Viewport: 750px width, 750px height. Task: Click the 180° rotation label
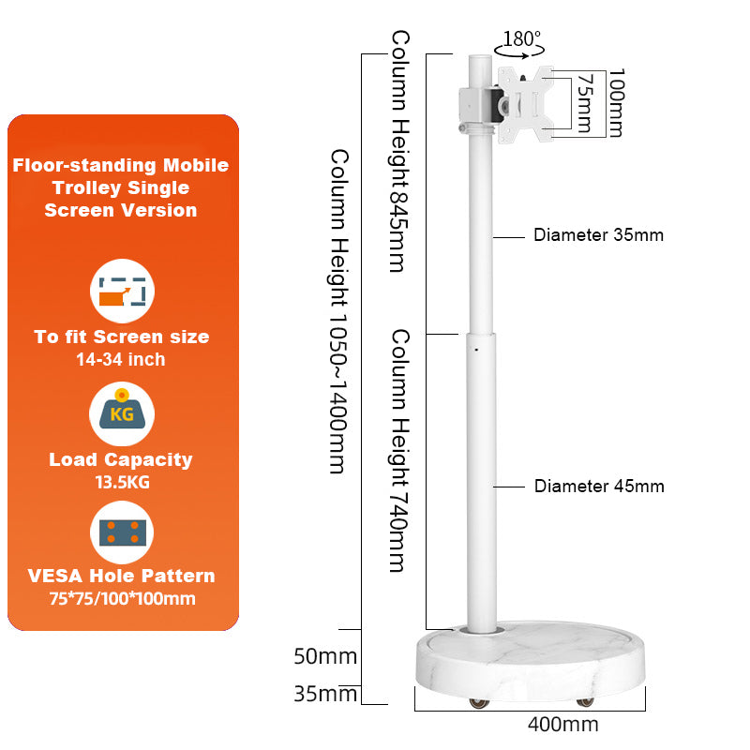tap(522, 39)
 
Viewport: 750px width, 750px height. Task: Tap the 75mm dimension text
tap(585, 103)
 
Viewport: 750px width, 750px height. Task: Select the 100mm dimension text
tap(615, 103)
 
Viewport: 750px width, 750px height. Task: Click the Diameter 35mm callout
tap(598, 235)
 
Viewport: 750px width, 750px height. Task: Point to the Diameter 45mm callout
tap(599, 486)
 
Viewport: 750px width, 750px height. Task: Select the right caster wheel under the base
tap(585, 701)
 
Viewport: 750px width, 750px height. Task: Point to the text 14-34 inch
tap(122, 359)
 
